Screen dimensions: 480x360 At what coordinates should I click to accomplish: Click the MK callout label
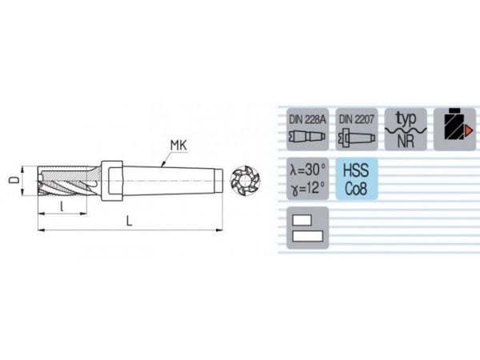click(178, 146)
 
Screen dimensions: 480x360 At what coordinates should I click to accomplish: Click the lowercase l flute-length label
click(62, 206)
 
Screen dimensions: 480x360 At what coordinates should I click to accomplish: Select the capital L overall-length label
click(129, 221)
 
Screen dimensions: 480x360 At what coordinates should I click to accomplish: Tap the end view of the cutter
click(246, 182)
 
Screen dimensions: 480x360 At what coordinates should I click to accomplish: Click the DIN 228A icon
click(307, 129)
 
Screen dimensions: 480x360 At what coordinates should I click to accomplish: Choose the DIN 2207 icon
click(357, 129)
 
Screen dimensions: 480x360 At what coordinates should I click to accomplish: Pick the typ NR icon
click(406, 129)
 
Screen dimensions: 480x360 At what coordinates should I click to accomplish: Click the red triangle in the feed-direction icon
click(468, 130)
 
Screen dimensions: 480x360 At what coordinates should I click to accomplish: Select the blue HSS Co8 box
click(357, 178)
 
